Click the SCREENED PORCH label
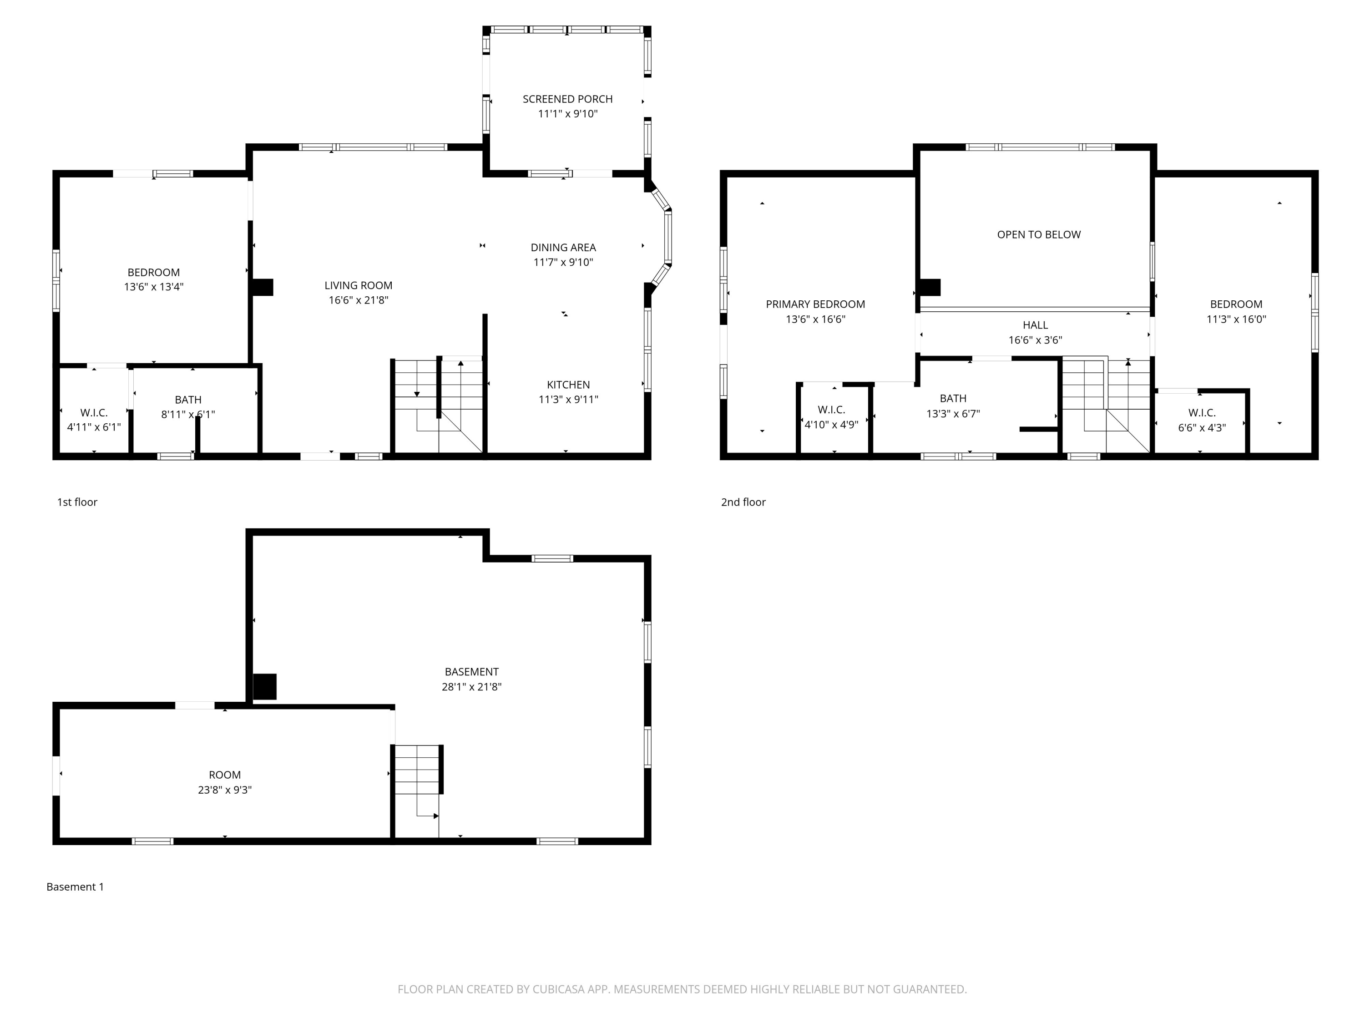tap(567, 99)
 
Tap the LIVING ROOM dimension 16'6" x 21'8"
tap(358, 300)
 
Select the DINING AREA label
tap(563, 248)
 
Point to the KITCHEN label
tap(568, 385)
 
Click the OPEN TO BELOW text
tap(1039, 234)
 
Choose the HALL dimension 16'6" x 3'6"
tap(1035, 340)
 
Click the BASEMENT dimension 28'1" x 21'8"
tap(471, 687)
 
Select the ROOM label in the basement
tap(225, 775)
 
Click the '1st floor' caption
tap(77, 502)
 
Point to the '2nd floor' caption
tap(743, 502)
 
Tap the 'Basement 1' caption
tap(75, 887)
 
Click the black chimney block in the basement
tap(265, 686)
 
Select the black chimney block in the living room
tap(263, 288)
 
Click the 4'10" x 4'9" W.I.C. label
tap(831, 425)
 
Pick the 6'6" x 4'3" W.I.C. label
tap(1202, 428)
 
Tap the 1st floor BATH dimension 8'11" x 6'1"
tap(187, 415)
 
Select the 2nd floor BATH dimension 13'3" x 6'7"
tap(952, 414)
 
